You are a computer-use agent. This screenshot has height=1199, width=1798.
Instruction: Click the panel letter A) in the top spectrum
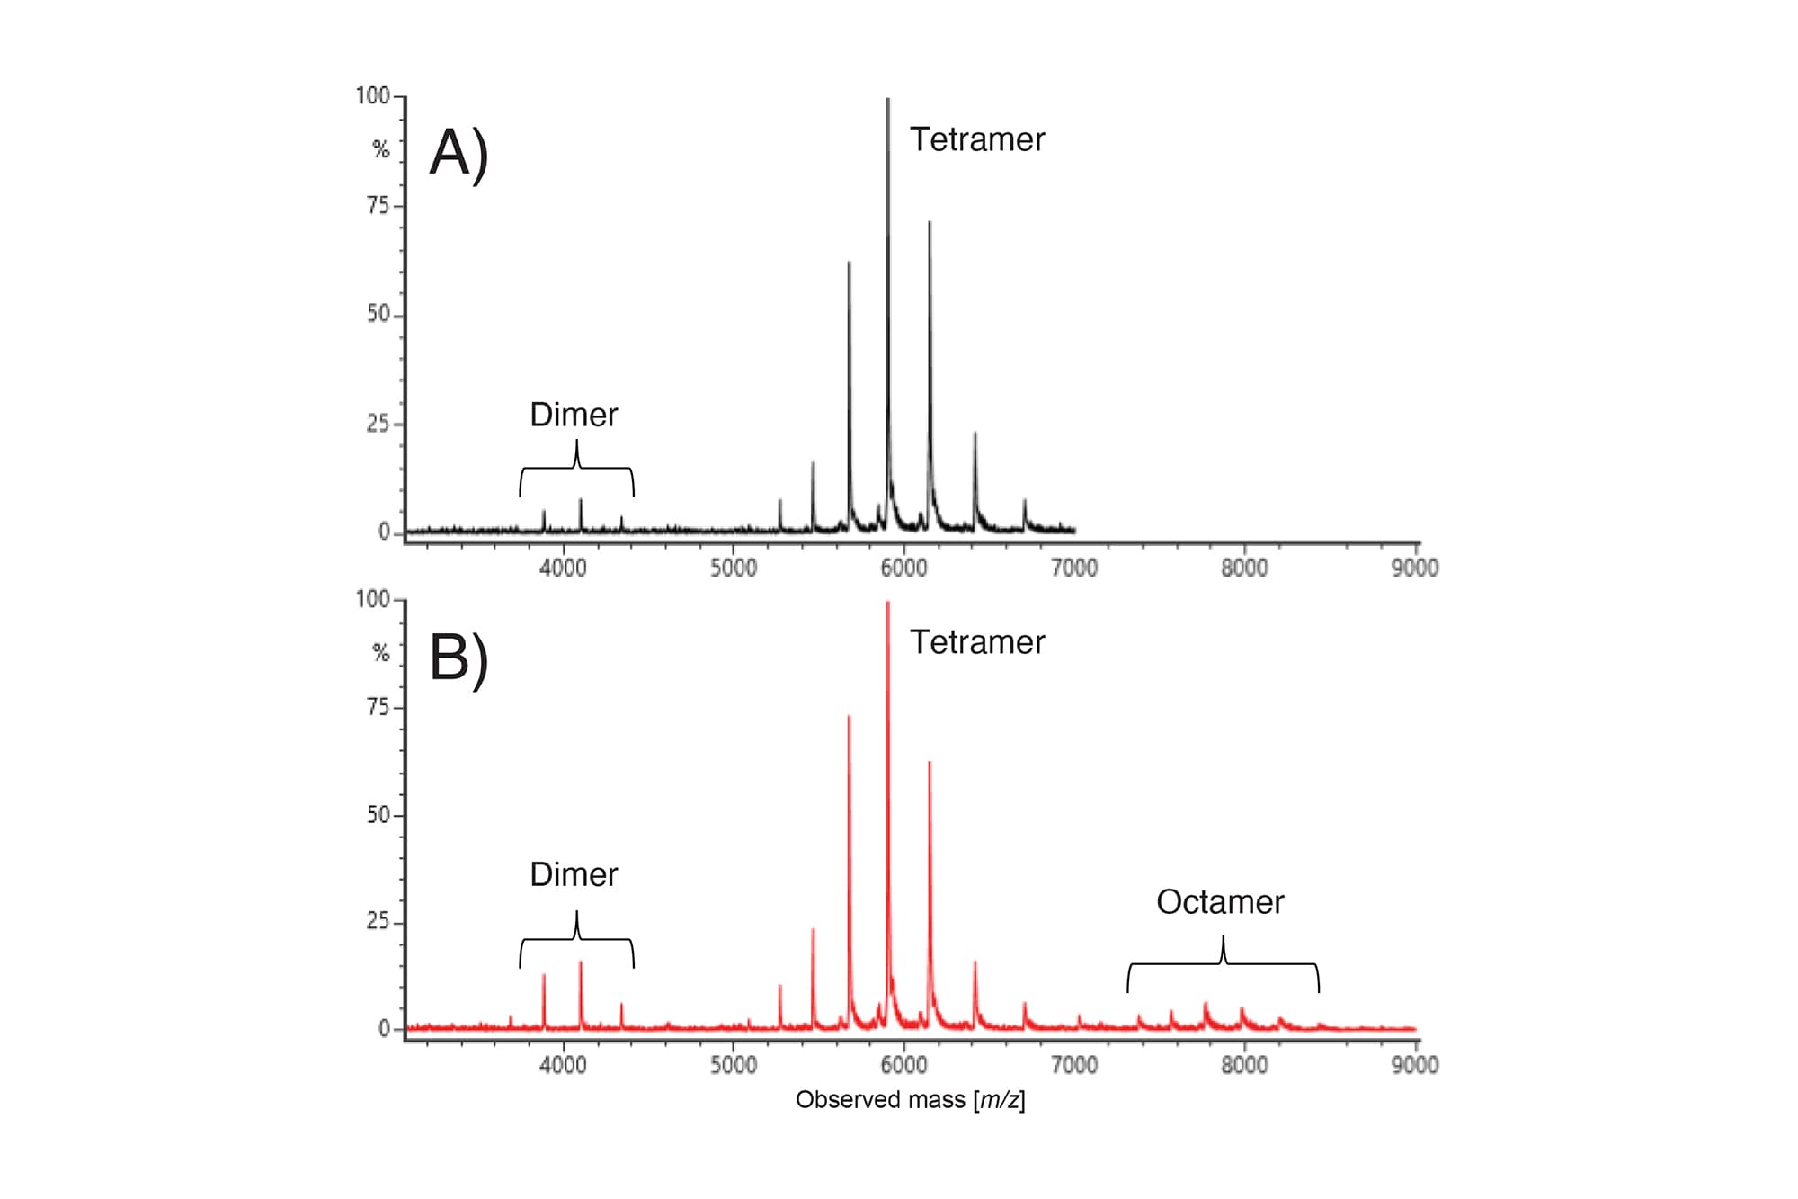click(458, 153)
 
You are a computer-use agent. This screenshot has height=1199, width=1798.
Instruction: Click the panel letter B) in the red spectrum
click(458, 658)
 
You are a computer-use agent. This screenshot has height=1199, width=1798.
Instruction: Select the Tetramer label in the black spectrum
click(977, 139)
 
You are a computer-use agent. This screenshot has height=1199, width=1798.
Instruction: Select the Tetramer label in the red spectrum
click(977, 642)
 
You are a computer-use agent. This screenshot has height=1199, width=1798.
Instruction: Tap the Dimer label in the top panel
click(574, 415)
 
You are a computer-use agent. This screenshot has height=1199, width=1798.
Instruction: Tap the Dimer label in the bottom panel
click(574, 874)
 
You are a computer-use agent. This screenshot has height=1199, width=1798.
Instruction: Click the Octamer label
click(1220, 902)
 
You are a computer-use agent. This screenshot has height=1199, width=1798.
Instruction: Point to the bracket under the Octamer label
click(1224, 964)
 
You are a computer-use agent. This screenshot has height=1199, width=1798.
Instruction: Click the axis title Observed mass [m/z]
click(910, 1099)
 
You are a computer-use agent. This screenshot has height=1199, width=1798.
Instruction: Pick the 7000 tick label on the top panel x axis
click(1074, 568)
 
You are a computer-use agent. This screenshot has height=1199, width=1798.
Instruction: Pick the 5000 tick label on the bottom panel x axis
click(734, 1065)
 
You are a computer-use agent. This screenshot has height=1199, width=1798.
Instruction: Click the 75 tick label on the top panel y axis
click(378, 206)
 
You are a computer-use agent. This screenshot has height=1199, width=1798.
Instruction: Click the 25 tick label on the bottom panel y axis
click(378, 922)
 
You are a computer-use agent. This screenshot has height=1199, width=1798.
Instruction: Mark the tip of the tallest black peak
click(888, 100)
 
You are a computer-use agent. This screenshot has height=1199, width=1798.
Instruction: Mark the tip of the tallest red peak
click(888, 603)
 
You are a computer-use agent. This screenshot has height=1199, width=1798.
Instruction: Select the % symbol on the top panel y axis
click(381, 149)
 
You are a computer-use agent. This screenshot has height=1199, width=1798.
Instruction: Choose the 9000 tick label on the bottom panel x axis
click(1415, 1065)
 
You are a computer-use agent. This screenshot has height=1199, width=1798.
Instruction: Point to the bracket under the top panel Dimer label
click(576, 468)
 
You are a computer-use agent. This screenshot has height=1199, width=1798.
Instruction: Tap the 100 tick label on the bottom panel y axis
click(373, 599)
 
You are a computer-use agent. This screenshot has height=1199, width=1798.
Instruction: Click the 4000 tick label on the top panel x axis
click(563, 568)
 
